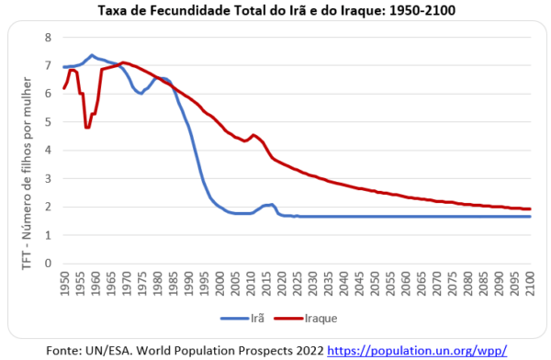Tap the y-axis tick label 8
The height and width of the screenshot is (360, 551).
coord(50,38)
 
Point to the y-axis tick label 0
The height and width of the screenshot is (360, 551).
coord(50,264)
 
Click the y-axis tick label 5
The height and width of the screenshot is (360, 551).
coord(50,122)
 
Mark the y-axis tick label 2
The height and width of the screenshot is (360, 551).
coord(50,208)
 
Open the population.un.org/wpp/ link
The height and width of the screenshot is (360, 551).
coord(430,349)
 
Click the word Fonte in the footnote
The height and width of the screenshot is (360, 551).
coord(62,349)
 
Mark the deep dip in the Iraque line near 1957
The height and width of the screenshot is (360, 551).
coord(86,127)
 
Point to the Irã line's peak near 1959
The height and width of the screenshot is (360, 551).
coord(92,55)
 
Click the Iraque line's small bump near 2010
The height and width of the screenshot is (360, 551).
coord(253,135)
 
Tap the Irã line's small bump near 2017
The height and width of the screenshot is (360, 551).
coord(271,205)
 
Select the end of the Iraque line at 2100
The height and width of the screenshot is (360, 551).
coord(530,208)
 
